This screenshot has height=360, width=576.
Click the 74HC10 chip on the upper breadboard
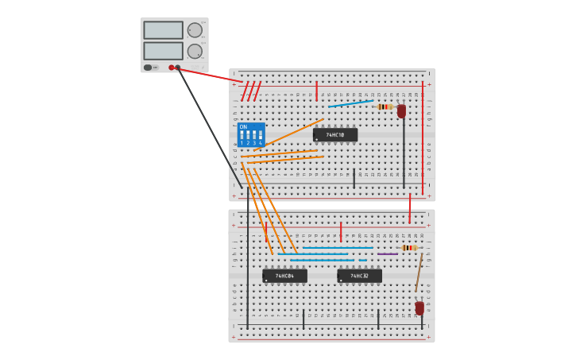point(335,135)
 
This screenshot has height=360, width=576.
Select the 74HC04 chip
point(284,276)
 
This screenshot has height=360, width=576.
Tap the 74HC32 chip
point(359,276)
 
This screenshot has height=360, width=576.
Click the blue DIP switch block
point(251,134)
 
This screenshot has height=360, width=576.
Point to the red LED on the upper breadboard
point(401,111)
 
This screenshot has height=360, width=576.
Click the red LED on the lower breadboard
point(419,308)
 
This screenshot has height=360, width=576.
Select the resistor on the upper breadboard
point(385,106)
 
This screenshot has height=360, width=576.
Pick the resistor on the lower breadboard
point(409,248)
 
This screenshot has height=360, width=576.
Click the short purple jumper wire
point(388,254)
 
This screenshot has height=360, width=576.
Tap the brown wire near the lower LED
point(419,273)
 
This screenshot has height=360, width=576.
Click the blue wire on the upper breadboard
point(350,103)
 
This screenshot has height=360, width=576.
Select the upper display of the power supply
point(163,30)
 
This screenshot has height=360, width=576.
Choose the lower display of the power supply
point(163,51)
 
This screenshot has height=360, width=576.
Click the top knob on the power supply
point(195,30)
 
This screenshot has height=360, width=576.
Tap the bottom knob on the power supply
point(195,52)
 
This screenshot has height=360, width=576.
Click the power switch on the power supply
point(148,68)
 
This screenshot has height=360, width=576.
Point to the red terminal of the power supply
point(171,68)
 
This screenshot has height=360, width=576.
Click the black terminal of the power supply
point(177,68)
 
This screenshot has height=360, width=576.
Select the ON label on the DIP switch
point(243,127)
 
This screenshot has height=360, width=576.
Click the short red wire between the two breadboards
point(410,208)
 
